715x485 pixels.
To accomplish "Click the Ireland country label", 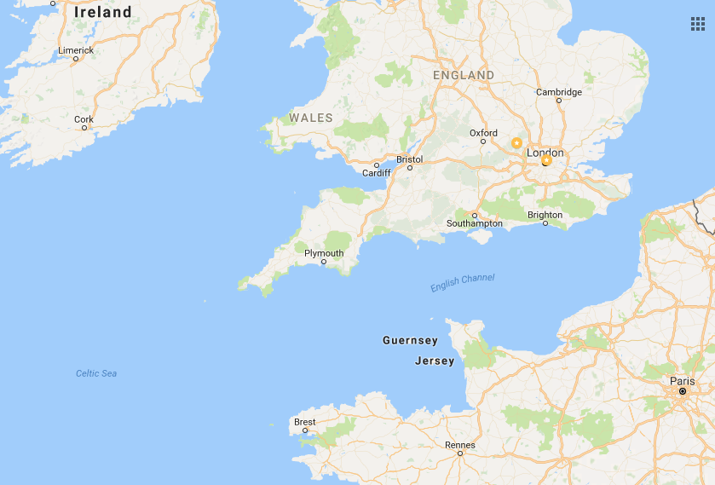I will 103,12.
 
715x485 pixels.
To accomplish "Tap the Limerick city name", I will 76,50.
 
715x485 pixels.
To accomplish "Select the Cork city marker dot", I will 84,129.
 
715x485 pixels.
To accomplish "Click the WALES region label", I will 310,118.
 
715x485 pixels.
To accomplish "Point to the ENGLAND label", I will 463,75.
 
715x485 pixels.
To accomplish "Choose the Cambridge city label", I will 559,92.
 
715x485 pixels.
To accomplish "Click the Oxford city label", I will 483,133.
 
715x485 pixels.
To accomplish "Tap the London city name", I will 545,153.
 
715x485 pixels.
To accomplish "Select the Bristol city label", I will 409,159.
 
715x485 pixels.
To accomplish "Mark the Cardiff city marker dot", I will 376,165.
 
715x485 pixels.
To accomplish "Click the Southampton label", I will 475,223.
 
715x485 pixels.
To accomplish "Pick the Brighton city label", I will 545,215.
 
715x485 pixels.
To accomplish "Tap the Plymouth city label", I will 324,253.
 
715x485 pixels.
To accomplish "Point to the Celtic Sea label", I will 96,373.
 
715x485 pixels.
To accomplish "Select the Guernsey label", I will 410,340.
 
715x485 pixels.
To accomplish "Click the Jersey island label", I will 435,361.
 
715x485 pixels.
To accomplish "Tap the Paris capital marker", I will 683,391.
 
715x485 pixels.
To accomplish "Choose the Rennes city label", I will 459,445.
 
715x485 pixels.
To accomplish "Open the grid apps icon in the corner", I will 697,23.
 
